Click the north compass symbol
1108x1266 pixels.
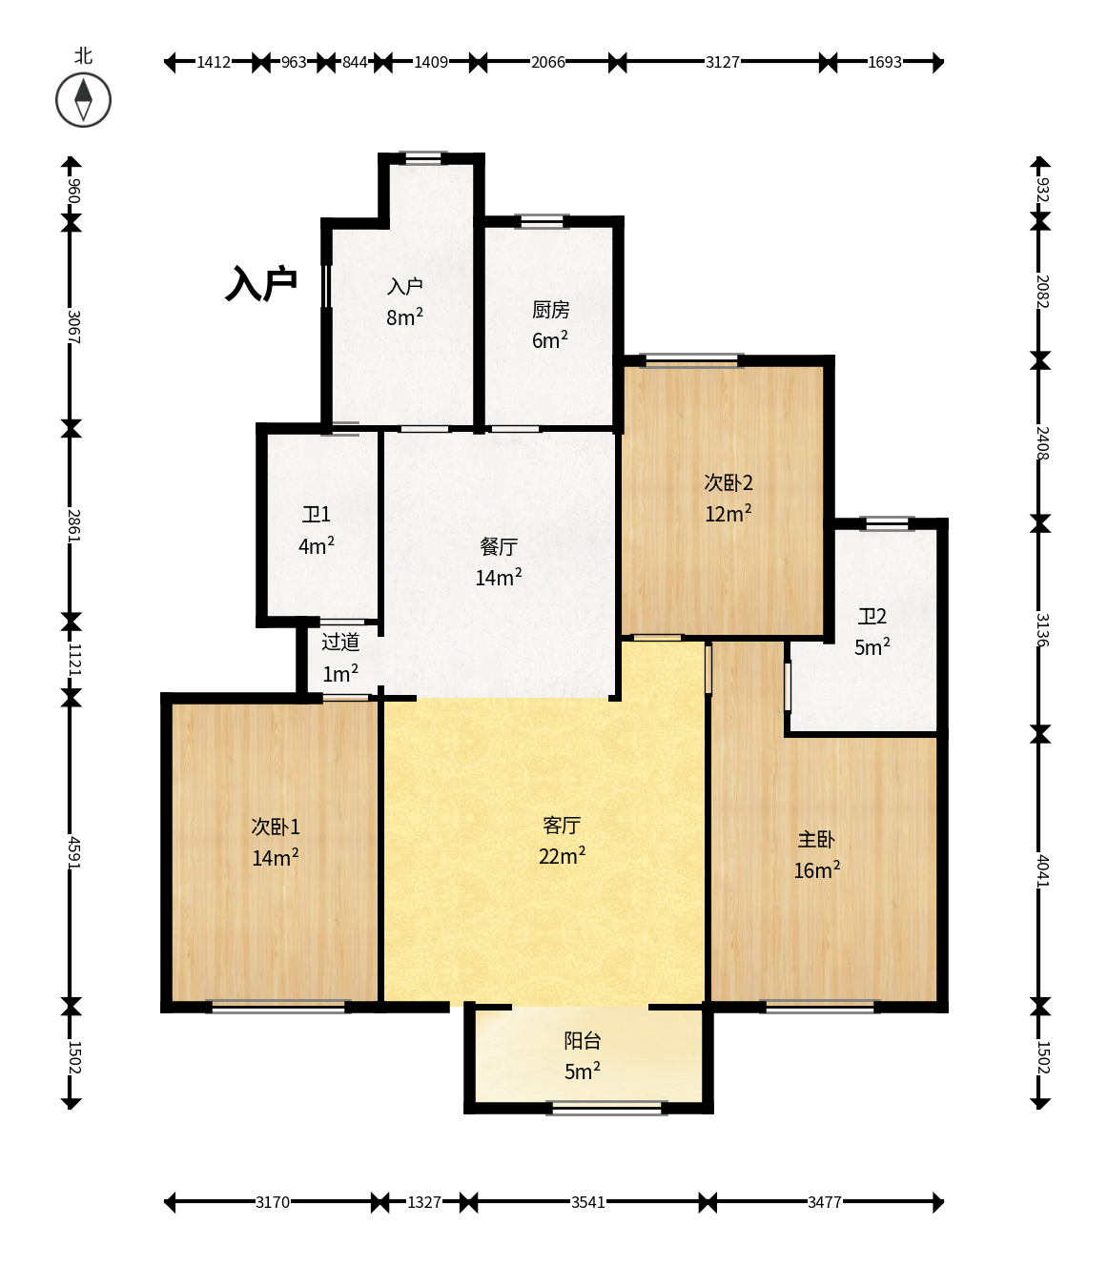click(84, 100)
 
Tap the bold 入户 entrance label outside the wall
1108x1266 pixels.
click(261, 283)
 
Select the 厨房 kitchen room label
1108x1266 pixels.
click(550, 310)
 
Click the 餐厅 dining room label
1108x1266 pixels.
click(499, 546)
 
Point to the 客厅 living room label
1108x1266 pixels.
click(562, 825)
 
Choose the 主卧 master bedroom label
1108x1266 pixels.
click(816, 839)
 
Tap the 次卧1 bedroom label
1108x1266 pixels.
click(276, 827)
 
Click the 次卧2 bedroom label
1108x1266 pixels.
click(728, 482)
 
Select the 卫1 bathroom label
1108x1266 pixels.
click(316, 514)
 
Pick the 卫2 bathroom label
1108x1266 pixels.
click(872, 616)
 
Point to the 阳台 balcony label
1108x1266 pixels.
click(582, 1040)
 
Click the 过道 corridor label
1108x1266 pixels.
click(339, 642)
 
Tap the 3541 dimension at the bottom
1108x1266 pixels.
click(588, 1202)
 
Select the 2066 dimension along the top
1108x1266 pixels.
click(548, 62)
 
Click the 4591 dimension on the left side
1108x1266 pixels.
click(73, 852)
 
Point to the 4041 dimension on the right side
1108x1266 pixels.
click(1043, 870)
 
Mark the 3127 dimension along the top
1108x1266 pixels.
click(723, 62)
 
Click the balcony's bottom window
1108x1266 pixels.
click(606, 1108)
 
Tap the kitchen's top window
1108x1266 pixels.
click(542, 221)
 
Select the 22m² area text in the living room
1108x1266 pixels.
click(562, 856)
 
